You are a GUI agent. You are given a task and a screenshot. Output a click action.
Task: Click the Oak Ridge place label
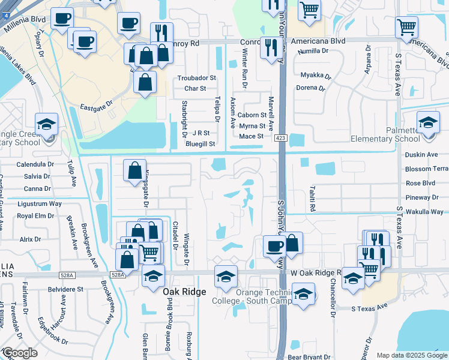(184, 291)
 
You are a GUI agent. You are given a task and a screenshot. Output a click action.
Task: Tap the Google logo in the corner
(19, 353)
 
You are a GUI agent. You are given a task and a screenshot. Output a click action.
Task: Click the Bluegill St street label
(200, 144)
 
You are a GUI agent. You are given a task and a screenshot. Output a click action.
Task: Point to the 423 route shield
(281, 137)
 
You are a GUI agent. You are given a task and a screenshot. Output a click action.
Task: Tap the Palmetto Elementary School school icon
(428, 124)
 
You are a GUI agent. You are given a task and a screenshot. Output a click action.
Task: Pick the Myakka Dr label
(315, 76)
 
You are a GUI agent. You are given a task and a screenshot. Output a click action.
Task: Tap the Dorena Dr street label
(310, 88)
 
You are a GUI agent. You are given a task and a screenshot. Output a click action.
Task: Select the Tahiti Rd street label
(312, 198)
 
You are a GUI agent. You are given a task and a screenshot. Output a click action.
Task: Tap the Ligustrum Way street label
(39, 204)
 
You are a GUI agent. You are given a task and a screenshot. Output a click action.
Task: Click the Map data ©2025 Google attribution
(412, 355)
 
